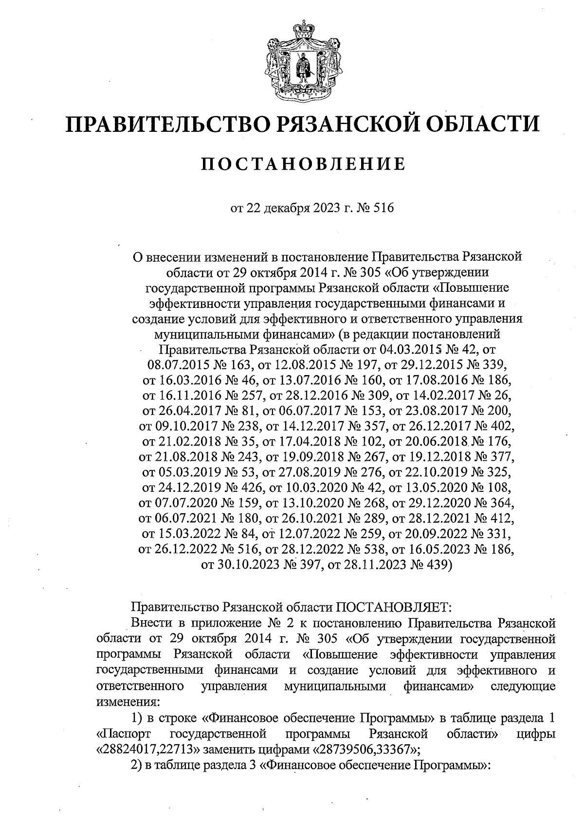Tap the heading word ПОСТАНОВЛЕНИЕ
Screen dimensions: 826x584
(x=303, y=164)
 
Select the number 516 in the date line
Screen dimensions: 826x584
(x=382, y=209)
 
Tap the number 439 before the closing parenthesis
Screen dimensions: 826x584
(x=437, y=565)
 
